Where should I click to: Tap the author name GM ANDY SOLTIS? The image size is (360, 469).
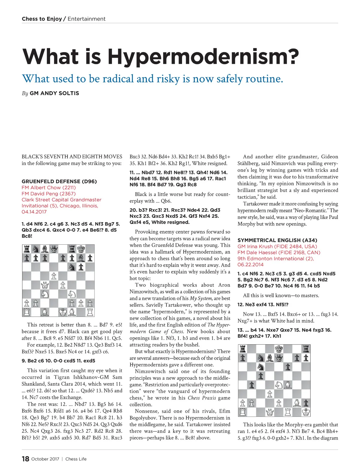click(54, 93)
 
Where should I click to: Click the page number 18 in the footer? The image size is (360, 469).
click(25, 459)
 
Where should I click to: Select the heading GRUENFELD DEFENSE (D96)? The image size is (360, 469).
click(59, 181)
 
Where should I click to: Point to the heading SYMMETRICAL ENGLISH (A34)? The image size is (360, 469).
click(277, 240)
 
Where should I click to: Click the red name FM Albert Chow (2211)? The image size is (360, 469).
click(49, 187)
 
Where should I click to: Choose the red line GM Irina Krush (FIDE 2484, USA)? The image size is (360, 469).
click(277, 246)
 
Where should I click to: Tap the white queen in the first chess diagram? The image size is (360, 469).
click(45, 285)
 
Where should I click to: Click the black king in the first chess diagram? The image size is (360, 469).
click(81, 249)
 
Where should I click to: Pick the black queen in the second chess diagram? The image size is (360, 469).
click(279, 357)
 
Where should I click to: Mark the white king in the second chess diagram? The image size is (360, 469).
click(306, 412)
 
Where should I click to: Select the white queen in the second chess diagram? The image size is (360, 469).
click(270, 412)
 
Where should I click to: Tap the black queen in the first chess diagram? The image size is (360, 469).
click(54, 249)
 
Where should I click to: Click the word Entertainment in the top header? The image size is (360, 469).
click(86, 19)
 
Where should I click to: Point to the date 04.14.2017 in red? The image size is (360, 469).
click(34, 212)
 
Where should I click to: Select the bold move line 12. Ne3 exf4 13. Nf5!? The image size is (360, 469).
click(263, 304)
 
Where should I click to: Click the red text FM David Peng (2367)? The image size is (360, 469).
click(49, 193)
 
